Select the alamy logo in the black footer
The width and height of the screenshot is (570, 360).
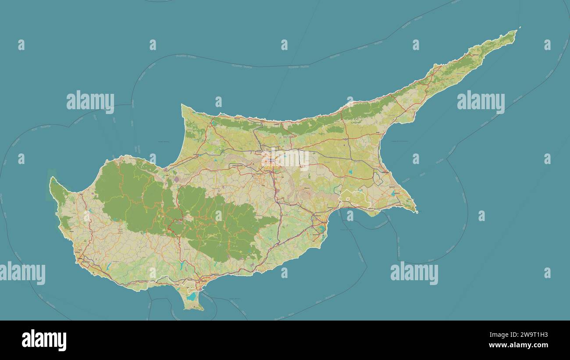[x=44, y=340]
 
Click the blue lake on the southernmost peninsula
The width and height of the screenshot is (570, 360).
[x=191, y=297]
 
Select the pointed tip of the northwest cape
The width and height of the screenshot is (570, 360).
[x=182, y=105]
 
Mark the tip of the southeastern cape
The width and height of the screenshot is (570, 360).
[x=417, y=213]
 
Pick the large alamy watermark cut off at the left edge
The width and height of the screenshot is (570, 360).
[x=22, y=273]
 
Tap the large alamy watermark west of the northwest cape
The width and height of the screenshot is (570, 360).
[x=90, y=102]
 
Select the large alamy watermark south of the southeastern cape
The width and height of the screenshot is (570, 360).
[x=414, y=273]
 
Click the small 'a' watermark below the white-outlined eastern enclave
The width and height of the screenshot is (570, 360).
[x=350, y=216]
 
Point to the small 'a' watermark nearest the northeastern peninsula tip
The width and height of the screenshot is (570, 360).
[x=547, y=45]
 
